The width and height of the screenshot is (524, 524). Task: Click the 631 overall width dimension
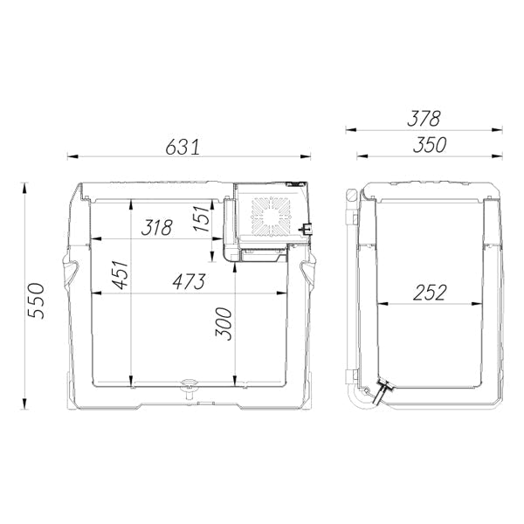(183, 147)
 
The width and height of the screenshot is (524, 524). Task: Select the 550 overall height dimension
(36, 300)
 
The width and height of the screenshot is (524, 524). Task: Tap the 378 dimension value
(424, 118)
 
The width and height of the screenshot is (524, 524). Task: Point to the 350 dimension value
(430, 145)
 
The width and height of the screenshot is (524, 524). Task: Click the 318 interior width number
(156, 228)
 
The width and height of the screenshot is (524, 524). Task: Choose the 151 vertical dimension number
(202, 218)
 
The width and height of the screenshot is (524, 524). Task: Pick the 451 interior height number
(121, 275)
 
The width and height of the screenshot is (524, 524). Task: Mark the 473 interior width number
(189, 281)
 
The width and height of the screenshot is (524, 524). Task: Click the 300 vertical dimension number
(224, 324)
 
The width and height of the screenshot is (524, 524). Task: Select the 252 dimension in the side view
(430, 293)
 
